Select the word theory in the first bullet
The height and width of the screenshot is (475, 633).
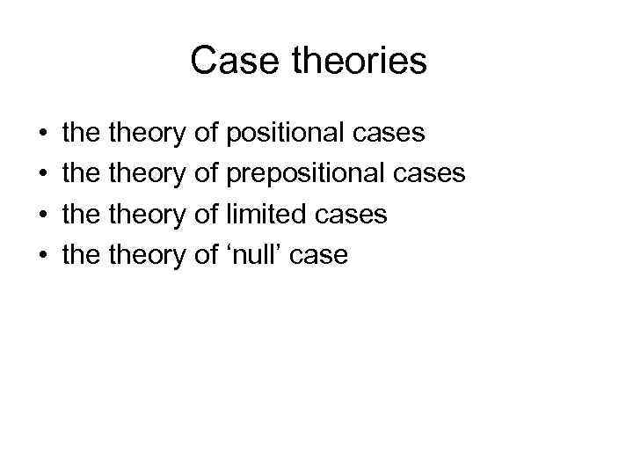146,135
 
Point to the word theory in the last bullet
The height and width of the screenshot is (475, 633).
146,256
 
